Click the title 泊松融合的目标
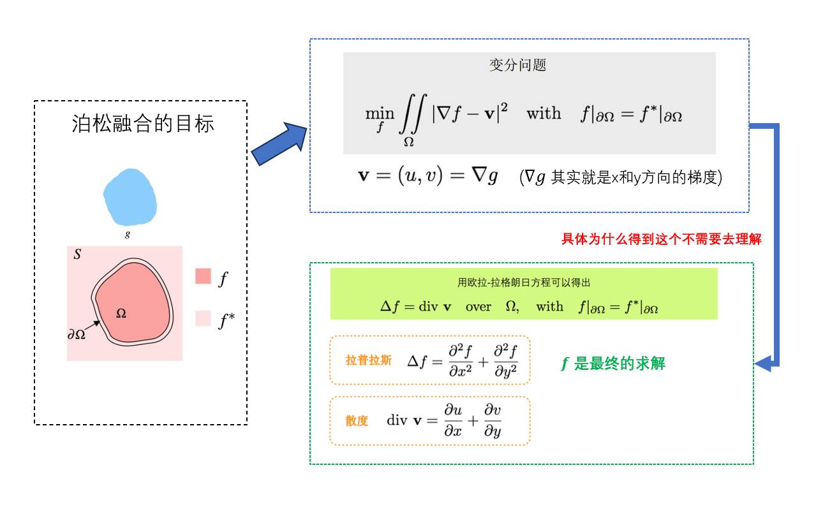[x=143, y=123]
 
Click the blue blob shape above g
[x=130, y=196]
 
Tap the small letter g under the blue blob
[x=128, y=234]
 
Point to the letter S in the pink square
[x=77, y=254]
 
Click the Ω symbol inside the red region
[x=121, y=313]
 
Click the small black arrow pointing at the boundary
[x=93, y=327]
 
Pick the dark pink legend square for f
[x=203, y=276]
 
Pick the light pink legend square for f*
[x=203, y=318]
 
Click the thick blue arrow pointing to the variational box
[x=279, y=144]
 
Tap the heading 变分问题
[x=517, y=65]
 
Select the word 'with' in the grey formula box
[x=544, y=114]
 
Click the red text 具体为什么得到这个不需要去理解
[x=661, y=240]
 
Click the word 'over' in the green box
[x=478, y=307]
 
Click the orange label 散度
[x=357, y=421]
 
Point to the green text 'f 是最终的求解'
[x=613, y=364]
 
